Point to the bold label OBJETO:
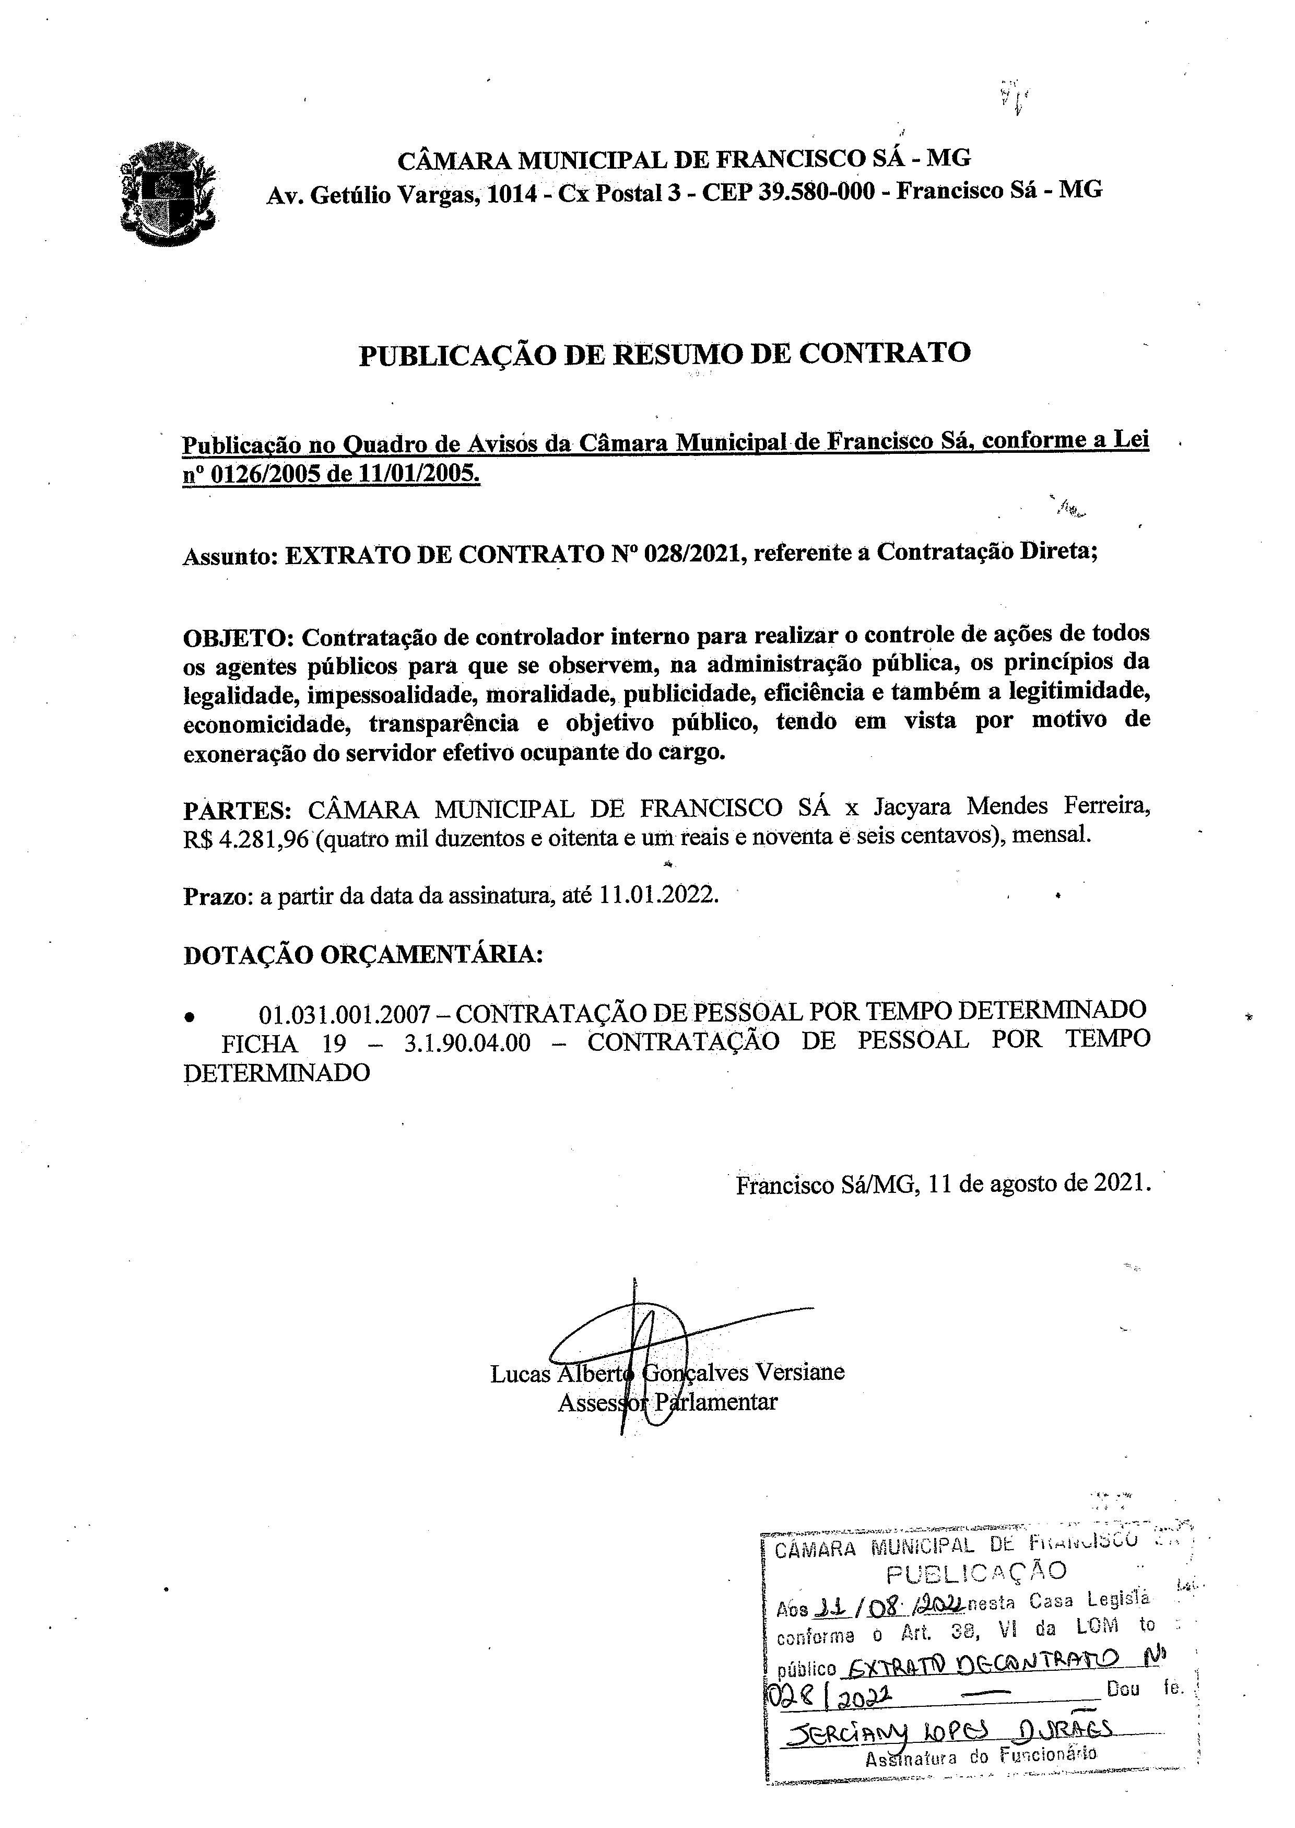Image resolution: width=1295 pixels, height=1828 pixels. tap(239, 637)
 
